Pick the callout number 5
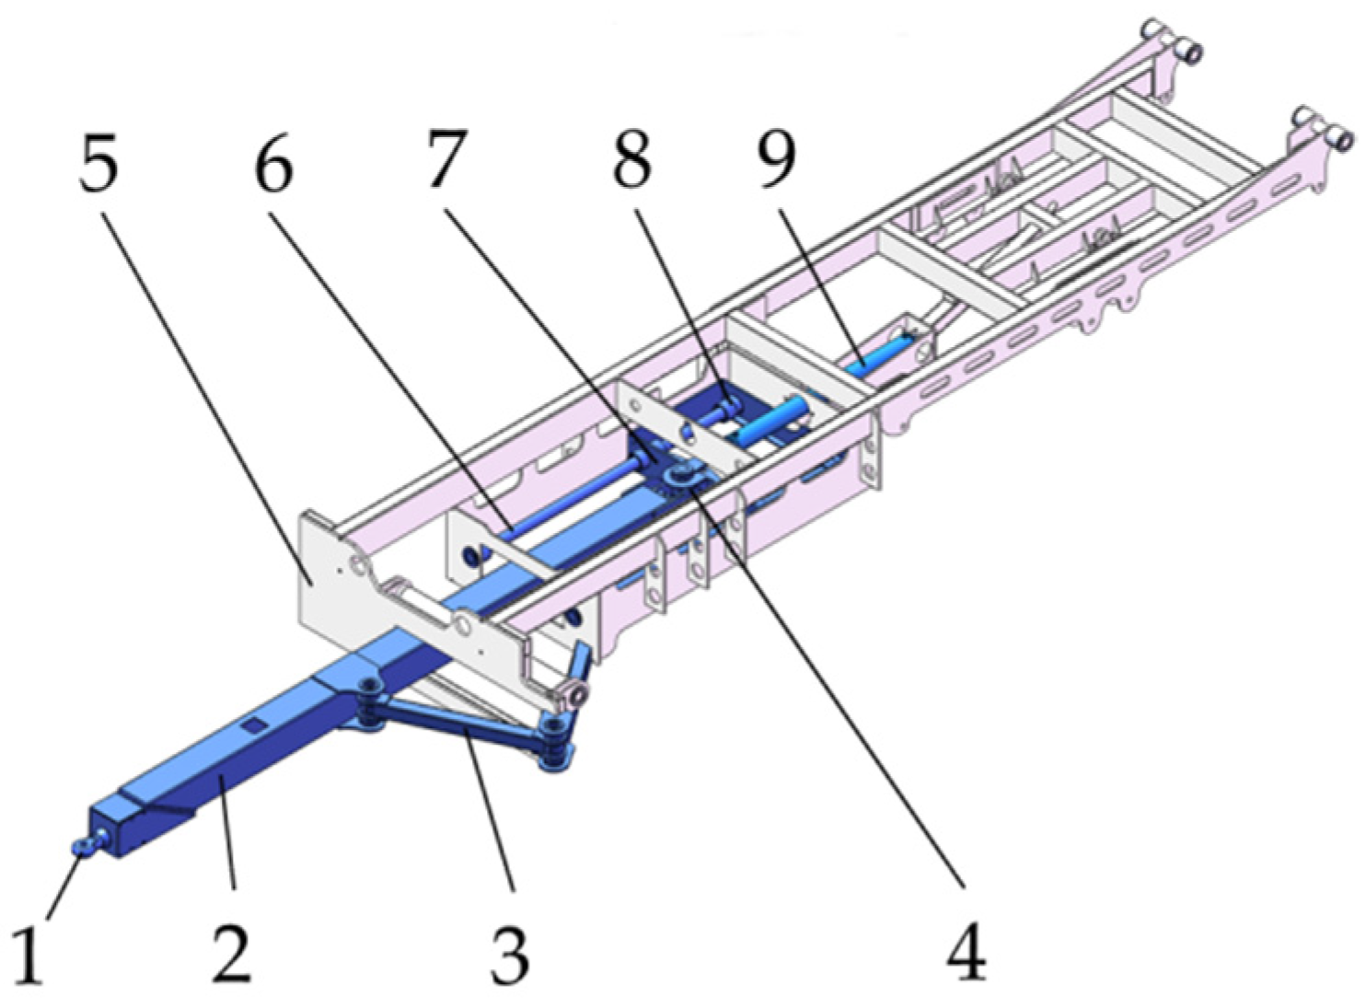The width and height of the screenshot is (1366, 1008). pos(98,161)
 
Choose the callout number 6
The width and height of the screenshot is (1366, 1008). pos(273,161)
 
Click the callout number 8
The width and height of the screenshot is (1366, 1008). pos(631,159)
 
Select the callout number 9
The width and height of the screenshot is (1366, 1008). pos(777,159)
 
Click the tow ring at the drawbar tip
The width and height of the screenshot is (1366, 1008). pos(87,843)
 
